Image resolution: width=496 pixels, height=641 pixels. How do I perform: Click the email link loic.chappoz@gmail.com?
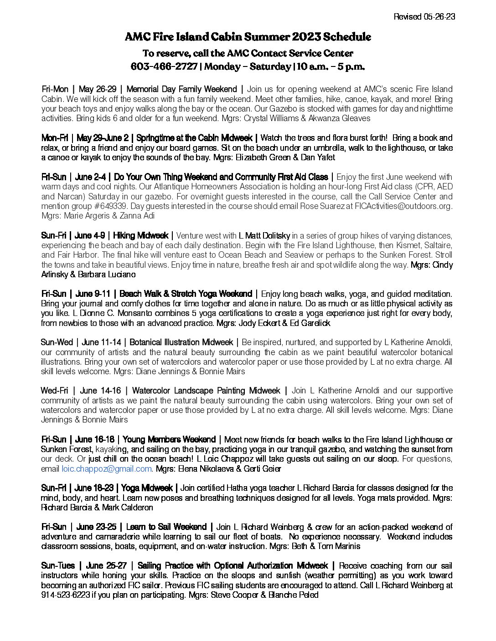(x=107, y=468)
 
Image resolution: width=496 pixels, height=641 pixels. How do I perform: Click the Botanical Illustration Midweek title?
(x=181, y=342)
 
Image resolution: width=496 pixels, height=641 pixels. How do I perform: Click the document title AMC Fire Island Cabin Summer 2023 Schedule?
(x=248, y=37)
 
